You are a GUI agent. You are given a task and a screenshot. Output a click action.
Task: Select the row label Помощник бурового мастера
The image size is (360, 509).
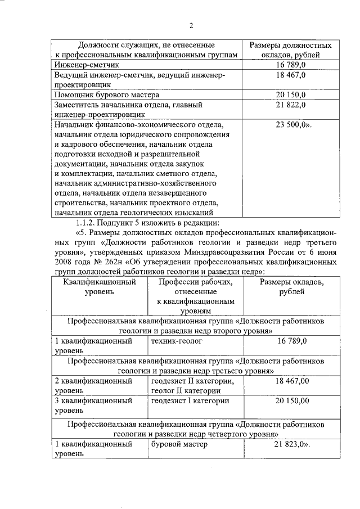coord(102,94)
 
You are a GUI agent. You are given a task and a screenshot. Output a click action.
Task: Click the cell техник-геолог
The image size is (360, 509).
coord(176,341)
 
